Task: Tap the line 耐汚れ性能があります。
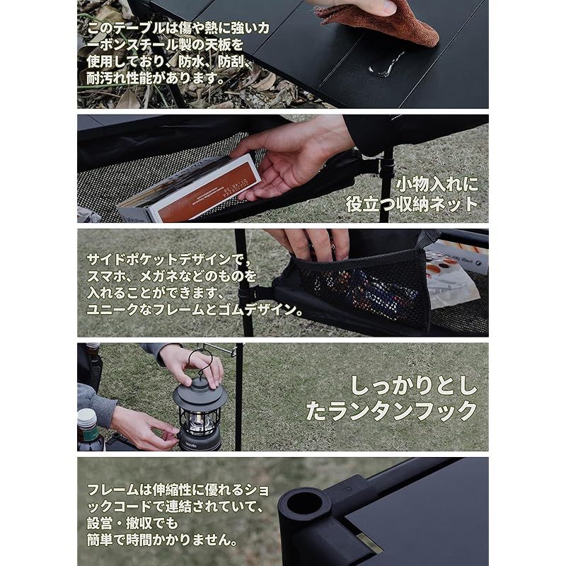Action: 156,79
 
